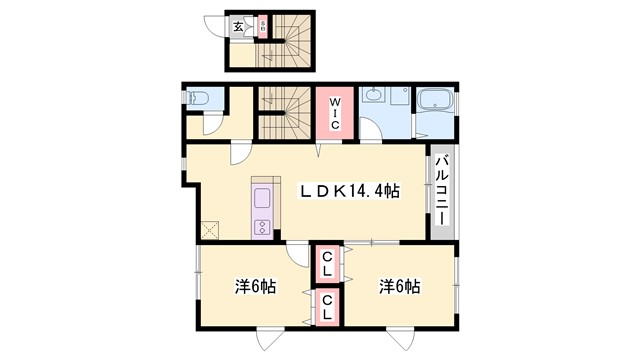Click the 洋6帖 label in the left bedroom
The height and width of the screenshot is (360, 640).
(x=256, y=286)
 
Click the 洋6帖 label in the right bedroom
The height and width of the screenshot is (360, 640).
(x=399, y=286)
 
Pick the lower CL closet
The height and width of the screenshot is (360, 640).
(x=327, y=305)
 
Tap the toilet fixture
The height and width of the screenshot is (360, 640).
(x=197, y=100)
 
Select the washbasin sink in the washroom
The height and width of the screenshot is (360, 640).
(x=373, y=96)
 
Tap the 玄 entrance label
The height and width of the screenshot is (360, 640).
(x=239, y=28)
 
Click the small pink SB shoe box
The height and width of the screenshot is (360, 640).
(x=262, y=27)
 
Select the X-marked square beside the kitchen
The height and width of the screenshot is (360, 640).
(x=210, y=229)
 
